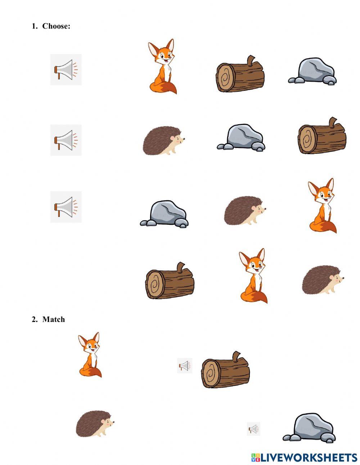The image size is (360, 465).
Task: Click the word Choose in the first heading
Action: pos(56,26)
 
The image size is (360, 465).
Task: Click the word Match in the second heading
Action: pos(54,319)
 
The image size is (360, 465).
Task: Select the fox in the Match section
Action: pos(90,355)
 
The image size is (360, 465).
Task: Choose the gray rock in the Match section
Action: pos(309,428)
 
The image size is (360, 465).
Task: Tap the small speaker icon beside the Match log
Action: pos(185,366)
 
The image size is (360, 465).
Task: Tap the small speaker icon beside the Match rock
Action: pos(253,429)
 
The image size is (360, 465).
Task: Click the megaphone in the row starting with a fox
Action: pos(66,70)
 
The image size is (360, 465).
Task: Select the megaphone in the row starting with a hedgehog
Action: pos(66,140)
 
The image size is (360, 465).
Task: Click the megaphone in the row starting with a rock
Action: pos(66,207)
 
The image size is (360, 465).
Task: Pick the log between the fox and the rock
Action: pos(240,75)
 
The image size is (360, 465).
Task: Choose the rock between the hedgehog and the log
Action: pos(241,138)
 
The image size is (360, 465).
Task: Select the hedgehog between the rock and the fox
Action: pos(245,210)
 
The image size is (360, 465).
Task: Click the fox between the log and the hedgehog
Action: pos(253,276)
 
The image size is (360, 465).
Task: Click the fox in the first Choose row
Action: pos(162,67)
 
